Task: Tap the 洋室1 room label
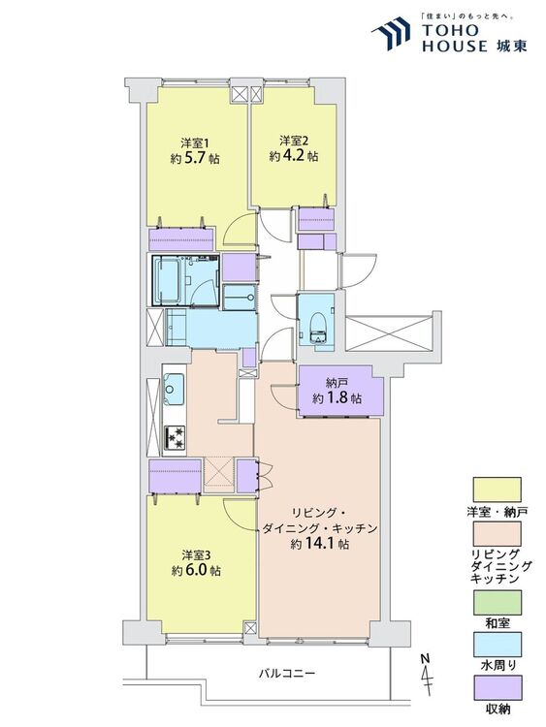tap(194, 142)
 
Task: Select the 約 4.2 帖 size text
tap(294, 156)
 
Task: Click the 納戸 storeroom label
tap(337, 384)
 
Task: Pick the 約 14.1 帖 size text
tap(320, 544)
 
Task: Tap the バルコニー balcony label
tap(288, 673)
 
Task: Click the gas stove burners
tap(175, 438)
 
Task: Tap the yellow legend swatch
tap(497, 490)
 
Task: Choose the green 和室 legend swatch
tap(497, 603)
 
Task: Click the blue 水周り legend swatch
tap(497, 645)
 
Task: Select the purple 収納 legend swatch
tap(497, 687)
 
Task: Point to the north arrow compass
tap(427, 675)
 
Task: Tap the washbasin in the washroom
tap(240, 297)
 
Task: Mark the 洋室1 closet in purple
tap(181, 238)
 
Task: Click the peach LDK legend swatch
tap(497, 534)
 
